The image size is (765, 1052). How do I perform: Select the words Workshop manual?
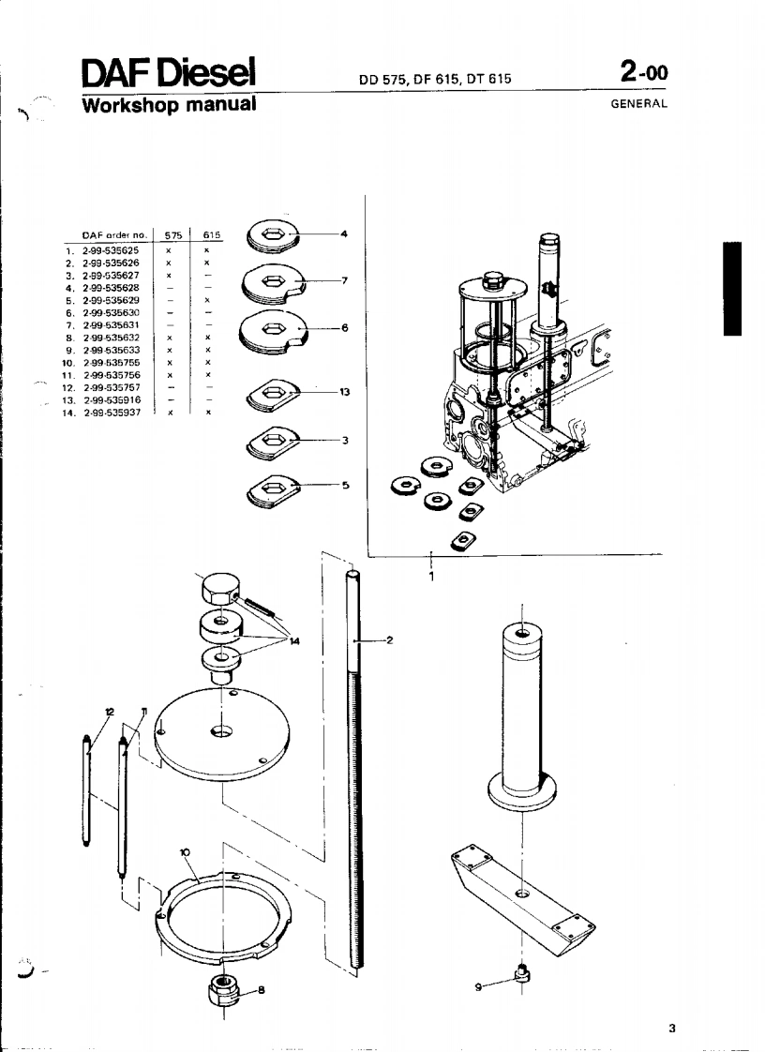click(x=169, y=103)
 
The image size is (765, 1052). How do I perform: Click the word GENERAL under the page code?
click(x=638, y=103)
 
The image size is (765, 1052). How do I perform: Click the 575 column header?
click(x=172, y=237)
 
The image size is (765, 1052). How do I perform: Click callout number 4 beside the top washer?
click(x=345, y=233)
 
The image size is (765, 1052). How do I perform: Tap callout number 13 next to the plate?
click(x=345, y=392)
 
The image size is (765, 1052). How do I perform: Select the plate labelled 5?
click(x=273, y=488)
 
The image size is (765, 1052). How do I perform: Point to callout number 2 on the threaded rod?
click(x=389, y=640)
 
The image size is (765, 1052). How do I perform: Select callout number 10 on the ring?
click(x=186, y=852)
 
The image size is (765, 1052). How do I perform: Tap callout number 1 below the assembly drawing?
click(x=431, y=577)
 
